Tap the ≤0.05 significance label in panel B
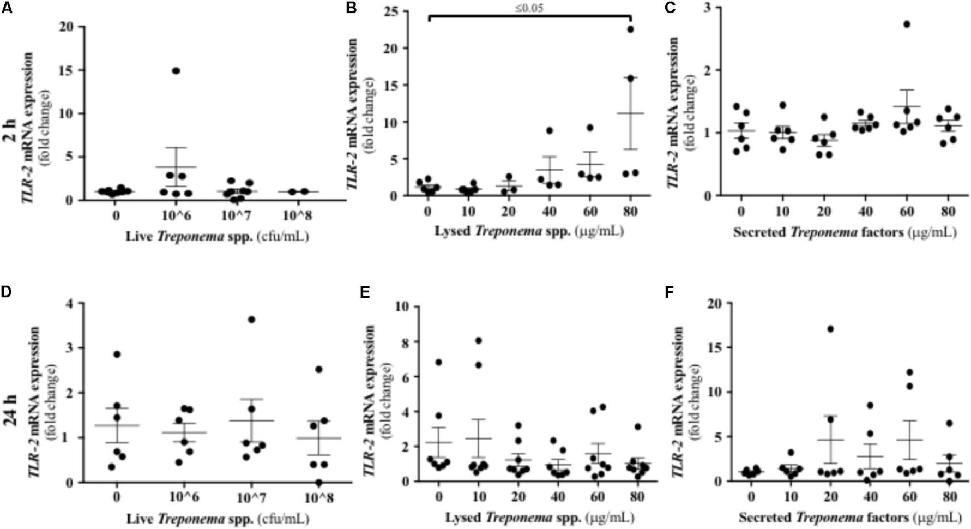pos(529,9)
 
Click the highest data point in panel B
pos(630,29)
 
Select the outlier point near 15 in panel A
pos(176,71)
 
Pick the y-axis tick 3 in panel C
pos(711,8)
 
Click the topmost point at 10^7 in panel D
pos(251,320)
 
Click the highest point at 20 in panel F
pos(830,329)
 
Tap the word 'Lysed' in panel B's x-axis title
pos(453,231)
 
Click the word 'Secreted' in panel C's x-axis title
pos(759,232)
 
